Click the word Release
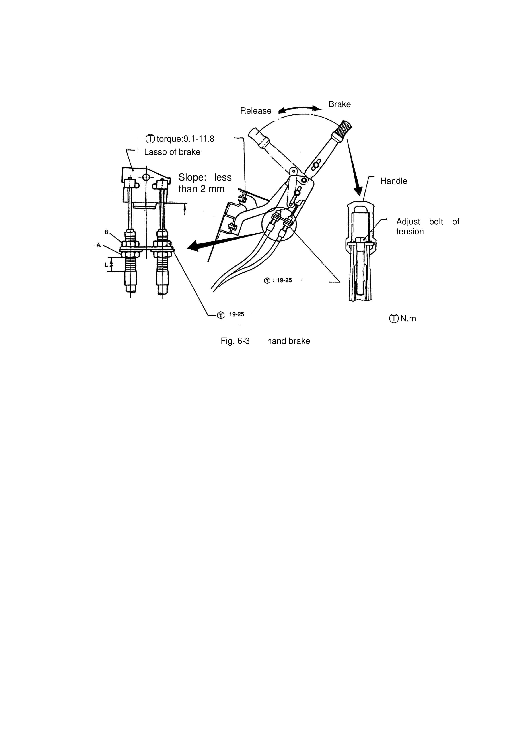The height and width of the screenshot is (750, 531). [255, 111]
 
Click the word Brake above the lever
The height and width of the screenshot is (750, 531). [339, 104]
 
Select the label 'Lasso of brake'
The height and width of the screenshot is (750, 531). [172, 152]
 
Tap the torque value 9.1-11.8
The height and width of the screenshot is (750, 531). [199, 139]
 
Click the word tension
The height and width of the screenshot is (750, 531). [410, 232]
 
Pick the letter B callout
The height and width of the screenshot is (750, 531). [106, 232]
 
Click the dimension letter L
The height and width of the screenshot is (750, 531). [106, 265]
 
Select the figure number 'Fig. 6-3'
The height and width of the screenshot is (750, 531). [235, 341]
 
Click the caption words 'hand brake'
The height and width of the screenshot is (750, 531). [288, 341]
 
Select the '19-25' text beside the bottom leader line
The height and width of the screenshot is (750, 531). [236, 314]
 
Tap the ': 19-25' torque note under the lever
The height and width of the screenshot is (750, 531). [282, 280]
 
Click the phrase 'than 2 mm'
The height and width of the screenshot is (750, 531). [202, 189]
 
